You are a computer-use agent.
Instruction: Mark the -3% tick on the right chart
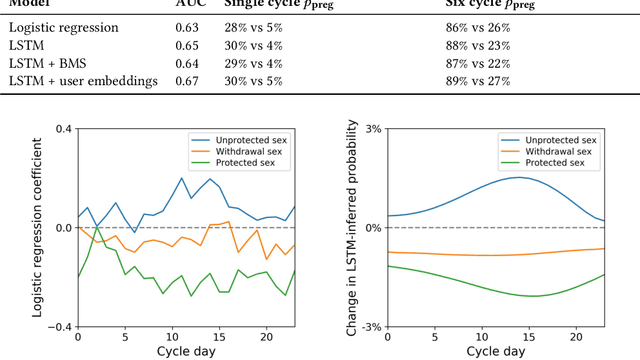(x=369, y=327)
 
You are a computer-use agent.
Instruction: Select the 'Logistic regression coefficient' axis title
(x=36, y=228)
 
